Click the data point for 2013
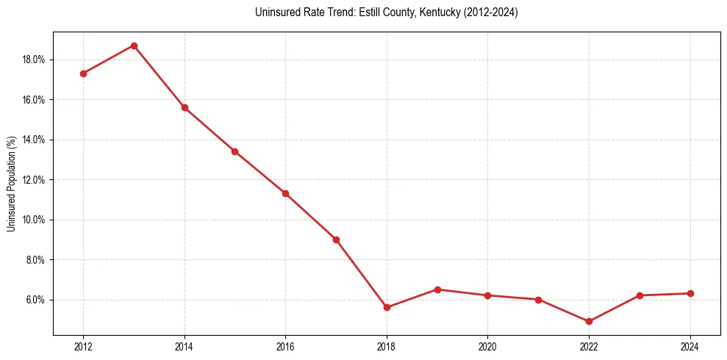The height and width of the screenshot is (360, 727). [x=134, y=46]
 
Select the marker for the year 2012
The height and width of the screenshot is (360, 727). [x=83, y=73]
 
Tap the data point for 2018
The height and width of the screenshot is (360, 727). [x=387, y=307]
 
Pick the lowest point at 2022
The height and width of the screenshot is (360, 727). [x=589, y=321]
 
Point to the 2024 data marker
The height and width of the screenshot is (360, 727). [x=690, y=293]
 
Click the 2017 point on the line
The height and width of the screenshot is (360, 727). [x=336, y=240]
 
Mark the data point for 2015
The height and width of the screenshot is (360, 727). [x=234, y=151]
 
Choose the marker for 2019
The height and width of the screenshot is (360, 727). [x=437, y=289]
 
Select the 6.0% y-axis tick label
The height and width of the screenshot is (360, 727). [x=34, y=300]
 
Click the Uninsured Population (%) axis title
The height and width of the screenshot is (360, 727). [x=11, y=184]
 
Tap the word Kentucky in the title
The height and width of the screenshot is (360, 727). [x=439, y=12]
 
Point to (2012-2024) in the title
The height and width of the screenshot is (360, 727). [x=491, y=12]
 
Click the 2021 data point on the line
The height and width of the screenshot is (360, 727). [x=538, y=300]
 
